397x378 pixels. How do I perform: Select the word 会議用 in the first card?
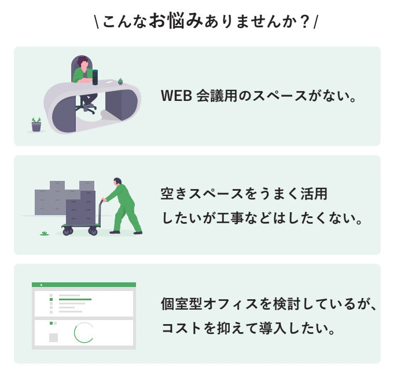tap(217, 96)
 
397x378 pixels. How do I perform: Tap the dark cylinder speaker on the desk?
tap(95, 77)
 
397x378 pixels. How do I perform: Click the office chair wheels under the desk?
tap(89, 110)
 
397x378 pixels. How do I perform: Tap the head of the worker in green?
tap(117, 181)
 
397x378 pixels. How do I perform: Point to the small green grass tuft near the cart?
tap(45, 233)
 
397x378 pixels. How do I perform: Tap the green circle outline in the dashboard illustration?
tap(84, 332)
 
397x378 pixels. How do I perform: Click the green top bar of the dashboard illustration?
tap(84, 285)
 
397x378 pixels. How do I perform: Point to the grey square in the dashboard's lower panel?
tap(53, 337)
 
